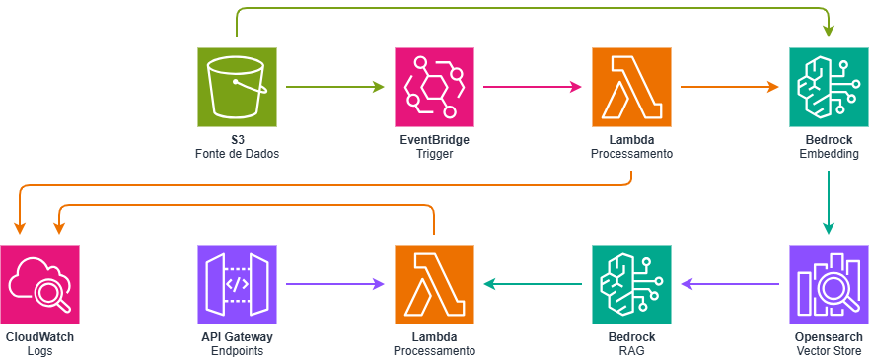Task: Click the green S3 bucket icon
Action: pos(237,88)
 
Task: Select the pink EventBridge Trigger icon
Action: pos(434,88)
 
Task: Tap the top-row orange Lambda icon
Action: pos(631,88)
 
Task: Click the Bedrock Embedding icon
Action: pos(829,88)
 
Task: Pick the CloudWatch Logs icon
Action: pos(39,284)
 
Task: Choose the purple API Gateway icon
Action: pos(237,284)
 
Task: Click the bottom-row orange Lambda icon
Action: pos(434,284)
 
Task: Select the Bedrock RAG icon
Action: pos(631,284)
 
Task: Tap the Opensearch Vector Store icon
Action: pos(829,284)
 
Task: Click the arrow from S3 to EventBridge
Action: pos(335,88)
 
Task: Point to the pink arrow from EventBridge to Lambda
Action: pos(533,88)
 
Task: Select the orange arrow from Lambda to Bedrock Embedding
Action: pos(730,88)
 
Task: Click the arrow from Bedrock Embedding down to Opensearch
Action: pos(829,202)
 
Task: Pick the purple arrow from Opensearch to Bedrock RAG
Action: pos(730,284)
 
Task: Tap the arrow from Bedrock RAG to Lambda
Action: pos(533,284)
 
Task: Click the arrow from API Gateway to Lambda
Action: pos(335,284)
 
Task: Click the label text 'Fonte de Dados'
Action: pos(237,154)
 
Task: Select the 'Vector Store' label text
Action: pos(829,350)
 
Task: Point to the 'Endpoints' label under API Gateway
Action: pos(237,350)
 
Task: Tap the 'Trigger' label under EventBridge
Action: pos(434,154)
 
